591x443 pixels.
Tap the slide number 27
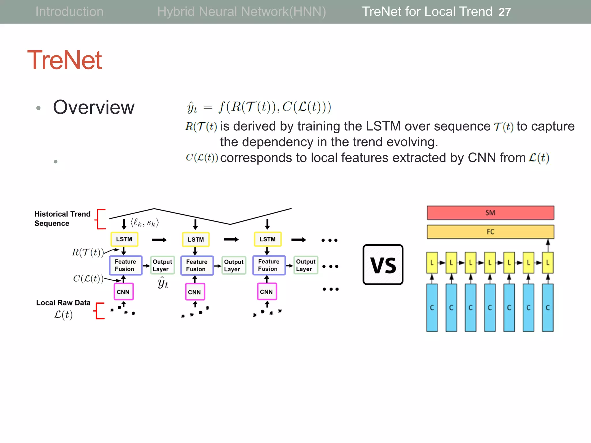[x=504, y=12]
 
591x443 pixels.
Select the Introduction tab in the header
[x=69, y=12]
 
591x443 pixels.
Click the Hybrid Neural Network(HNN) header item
[x=242, y=12]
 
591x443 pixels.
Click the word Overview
[x=94, y=107]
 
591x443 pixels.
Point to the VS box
[x=383, y=265]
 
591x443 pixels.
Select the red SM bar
[x=490, y=213]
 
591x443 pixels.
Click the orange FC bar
[x=490, y=232]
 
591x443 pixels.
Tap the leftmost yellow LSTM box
[x=124, y=239]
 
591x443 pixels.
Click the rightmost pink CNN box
[x=267, y=292]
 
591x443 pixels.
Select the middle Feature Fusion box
[x=197, y=265]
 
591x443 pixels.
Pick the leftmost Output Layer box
[x=162, y=265]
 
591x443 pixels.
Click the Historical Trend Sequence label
[x=62, y=219]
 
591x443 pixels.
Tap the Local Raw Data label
[x=63, y=303]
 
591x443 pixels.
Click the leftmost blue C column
[x=432, y=307]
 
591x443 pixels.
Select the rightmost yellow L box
[x=547, y=263]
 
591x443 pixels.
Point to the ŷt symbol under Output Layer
[x=163, y=283]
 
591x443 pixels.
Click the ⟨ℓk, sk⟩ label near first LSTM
[x=145, y=223]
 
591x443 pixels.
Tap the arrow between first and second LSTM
[x=159, y=240]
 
